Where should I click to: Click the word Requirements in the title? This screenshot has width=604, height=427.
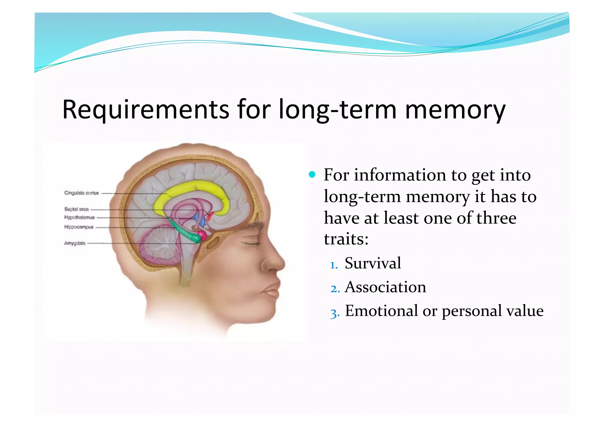tap(146, 110)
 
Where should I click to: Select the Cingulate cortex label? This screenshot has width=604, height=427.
tap(81, 193)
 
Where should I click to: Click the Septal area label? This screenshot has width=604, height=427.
tap(76, 209)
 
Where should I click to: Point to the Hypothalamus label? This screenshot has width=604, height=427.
tap(79, 217)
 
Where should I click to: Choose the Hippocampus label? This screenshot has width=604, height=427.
tap(79, 227)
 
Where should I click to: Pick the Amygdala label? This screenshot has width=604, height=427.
tap(75, 243)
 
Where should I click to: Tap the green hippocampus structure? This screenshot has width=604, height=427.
tap(183, 232)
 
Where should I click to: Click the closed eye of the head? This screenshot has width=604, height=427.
tap(251, 243)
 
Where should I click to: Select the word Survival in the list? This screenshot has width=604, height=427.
tap(373, 263)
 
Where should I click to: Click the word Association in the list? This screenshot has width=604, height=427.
tap(385, 287)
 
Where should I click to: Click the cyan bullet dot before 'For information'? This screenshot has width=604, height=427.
tap(312, 175)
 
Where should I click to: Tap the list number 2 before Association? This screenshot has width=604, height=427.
tap(334, 289)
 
